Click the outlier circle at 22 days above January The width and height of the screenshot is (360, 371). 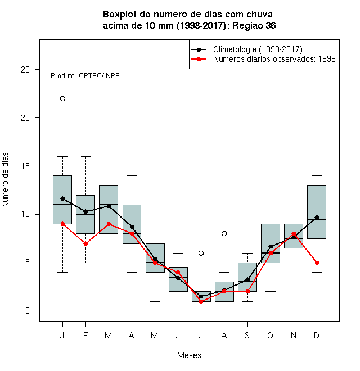coord(62,99)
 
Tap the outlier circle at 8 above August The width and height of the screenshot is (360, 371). coord(224,233)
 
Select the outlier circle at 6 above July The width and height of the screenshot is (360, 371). coord(201,253)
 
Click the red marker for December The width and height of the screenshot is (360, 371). coord(317,263)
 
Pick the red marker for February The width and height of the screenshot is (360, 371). coord(85,243)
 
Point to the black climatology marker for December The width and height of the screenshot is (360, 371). coord(317,217)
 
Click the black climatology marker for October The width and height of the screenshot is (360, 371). coord(271,247)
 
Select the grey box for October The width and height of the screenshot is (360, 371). coord(271,243)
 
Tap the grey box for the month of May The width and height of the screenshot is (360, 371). coord(155,258)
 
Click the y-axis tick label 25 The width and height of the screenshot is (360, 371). coord(25,70)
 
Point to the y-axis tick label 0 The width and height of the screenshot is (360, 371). coord(28,311)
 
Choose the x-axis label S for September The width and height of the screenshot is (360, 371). coord(247,335)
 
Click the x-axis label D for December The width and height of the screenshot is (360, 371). coord(317,335)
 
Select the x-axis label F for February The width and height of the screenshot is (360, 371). coord(85,335)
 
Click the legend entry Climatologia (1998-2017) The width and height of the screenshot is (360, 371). coord(258,49)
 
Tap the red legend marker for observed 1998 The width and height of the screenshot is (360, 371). coord(199,59)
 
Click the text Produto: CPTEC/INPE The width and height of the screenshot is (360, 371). coord(85,76)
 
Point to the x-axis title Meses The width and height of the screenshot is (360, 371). coord(189,355)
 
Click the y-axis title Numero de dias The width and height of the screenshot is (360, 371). coord(5,180)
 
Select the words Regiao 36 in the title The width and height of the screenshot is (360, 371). coord(254,25)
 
